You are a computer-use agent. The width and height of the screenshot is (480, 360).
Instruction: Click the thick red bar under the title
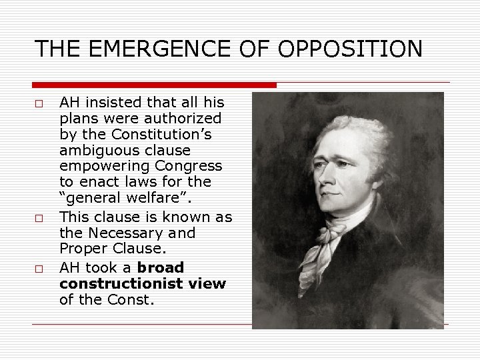154,85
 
